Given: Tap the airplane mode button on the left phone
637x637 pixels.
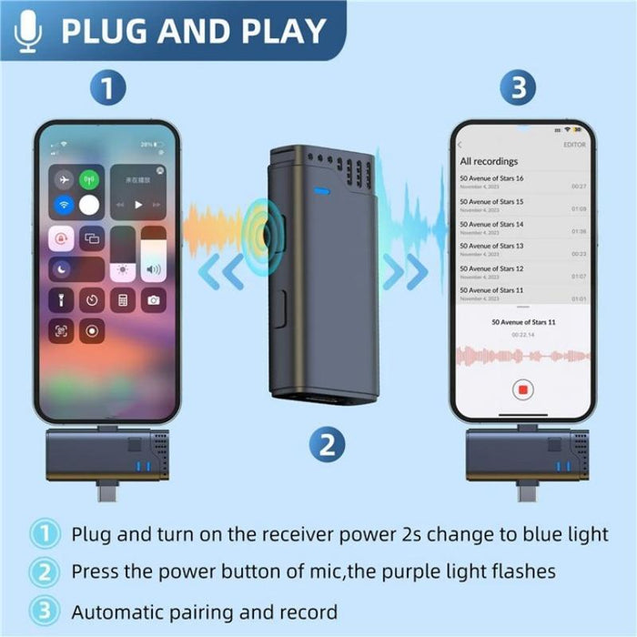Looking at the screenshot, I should tap(64, 179).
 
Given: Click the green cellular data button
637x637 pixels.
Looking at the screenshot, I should tap(89, 179).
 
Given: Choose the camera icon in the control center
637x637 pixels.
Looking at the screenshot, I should tap(153, 299).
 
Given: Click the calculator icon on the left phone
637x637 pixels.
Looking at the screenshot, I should tap(122, 299).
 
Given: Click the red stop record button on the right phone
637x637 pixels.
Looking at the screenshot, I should tap(523, 389).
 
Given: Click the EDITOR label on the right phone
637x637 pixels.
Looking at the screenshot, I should tap(574, 145).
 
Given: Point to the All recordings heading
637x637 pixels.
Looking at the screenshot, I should tap(489, 161).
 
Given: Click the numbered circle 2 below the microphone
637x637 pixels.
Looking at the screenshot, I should tap(326, 446).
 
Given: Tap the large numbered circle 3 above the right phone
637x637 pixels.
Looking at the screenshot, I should tap(518, 89).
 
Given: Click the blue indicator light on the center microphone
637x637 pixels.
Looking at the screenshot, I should tap(320, 192).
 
